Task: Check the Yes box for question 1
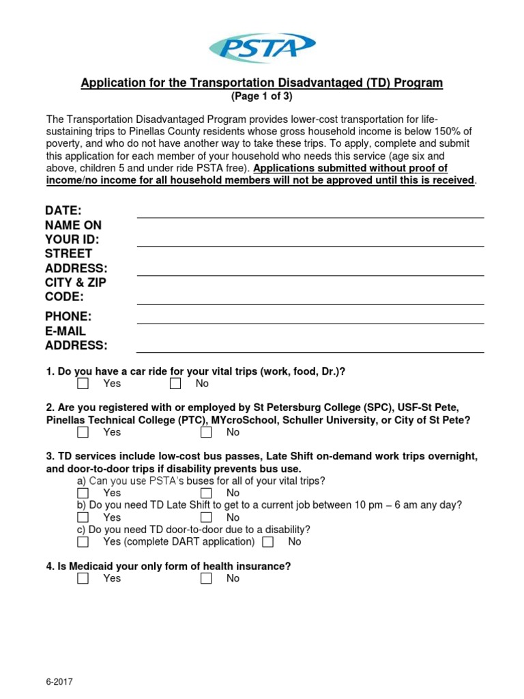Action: click(x=83, y=384)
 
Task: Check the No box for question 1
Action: click(x=175, y=384)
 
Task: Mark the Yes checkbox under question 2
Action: click(x=83, y=432)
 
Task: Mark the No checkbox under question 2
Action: click(x=206, y=432)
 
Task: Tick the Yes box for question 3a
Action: click(x=83, y=493)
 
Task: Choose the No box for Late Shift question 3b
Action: click(x=206, y=517)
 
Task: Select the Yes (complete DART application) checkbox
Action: click(x=83, y=542)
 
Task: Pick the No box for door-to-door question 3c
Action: click(x=267, y=542)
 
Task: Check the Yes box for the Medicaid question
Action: click(x=83, y=578)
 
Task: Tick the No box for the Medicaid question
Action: click(x=206, y=578)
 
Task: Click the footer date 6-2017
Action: click(x=59, y=682)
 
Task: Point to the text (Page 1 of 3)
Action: click(x=262, y=97)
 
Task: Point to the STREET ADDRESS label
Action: click(x=76, y=261)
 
